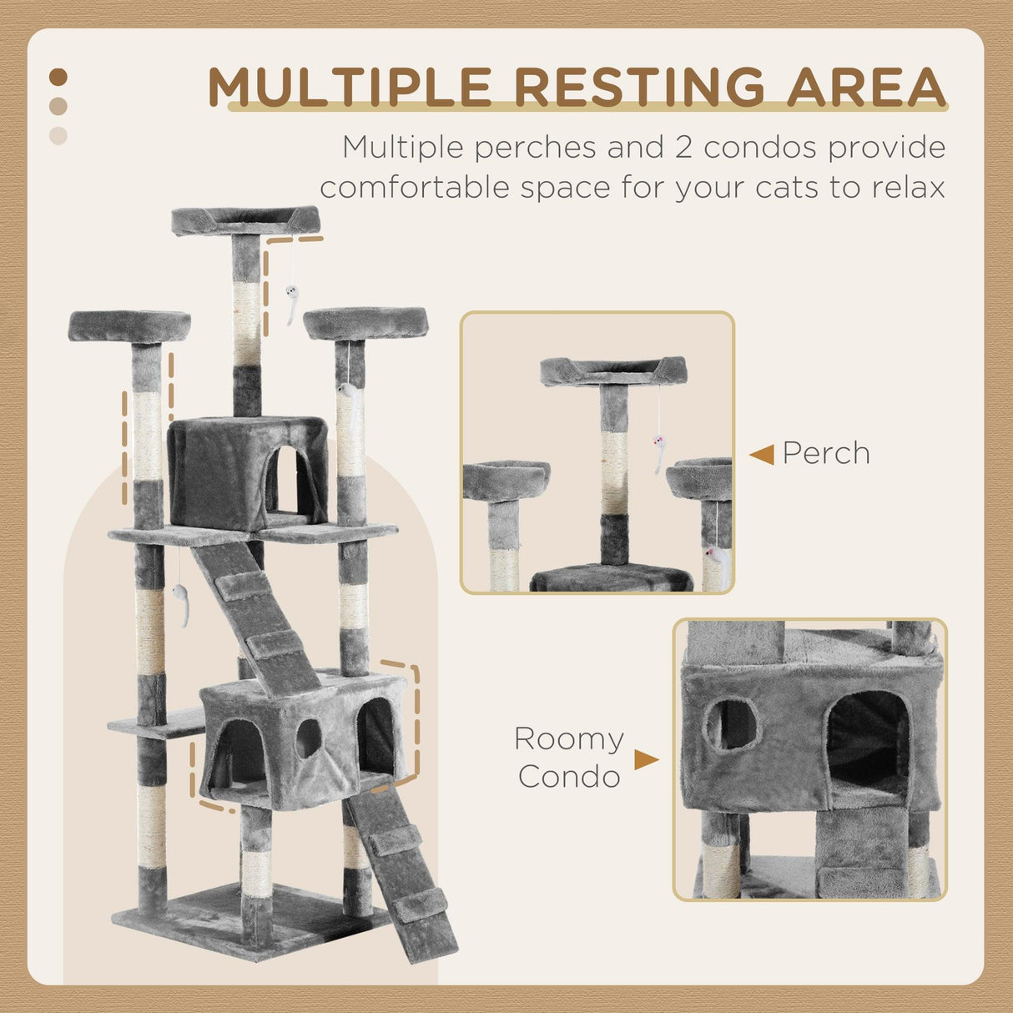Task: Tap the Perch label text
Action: [x=826, y=453]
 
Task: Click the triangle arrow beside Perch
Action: [x=761, y=455]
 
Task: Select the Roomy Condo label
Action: [x=568, y=757]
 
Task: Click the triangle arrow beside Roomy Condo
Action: [x=646, y=759]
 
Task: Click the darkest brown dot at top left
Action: [x=58, y=78]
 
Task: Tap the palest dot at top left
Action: [x=58, y=135]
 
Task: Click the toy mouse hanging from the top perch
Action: [x=291, y=302]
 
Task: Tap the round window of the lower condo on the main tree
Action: [x=308, y=738]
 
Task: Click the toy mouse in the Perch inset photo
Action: [x=660, y=451]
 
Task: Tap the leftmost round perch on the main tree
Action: [x=129, y=325]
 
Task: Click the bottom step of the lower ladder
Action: [x=420, y=904]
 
